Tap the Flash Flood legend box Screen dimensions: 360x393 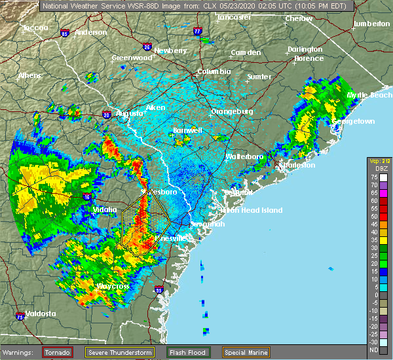tap(187, 352)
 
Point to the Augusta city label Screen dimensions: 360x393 tap(130, 113)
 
